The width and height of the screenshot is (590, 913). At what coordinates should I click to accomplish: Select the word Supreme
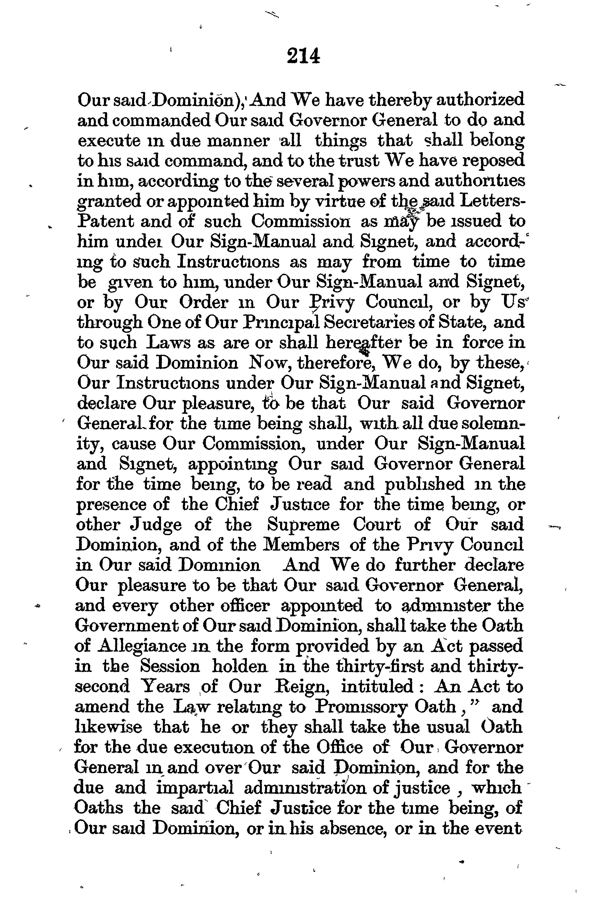pyautogui.click(x=303, y=525)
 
